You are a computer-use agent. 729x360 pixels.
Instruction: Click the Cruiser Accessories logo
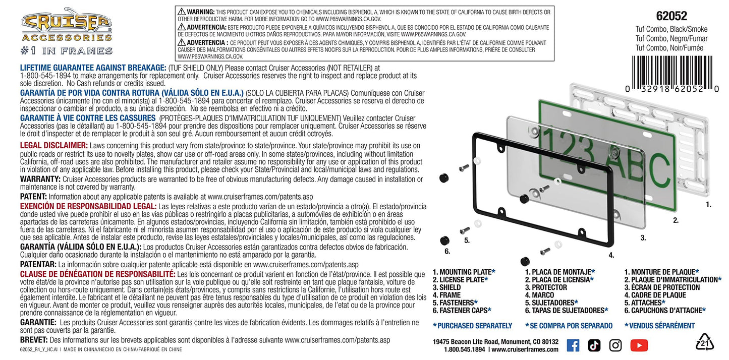[x=67, y=31]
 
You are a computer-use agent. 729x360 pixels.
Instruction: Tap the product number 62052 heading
[x=671, y=16]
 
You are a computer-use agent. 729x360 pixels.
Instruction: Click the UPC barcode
[x=672, y=74]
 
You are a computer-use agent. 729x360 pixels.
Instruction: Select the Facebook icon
[x=573, y=345]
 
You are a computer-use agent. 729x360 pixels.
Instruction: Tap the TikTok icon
[x=594, y=345]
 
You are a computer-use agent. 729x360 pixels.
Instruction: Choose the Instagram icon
[x=615, y=345]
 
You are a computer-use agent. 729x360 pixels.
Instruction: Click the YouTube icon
[x=639, y=345]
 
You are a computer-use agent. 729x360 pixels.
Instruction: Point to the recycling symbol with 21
[x=705, y=342]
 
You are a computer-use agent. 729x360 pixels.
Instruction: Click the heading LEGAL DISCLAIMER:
[x=53, y=145]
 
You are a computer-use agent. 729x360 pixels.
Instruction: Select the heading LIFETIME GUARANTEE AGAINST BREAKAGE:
[x=93, y=68]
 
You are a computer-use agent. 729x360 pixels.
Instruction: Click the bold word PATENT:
[x=33, y=197]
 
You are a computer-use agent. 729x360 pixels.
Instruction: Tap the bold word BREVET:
[x=33, y=340]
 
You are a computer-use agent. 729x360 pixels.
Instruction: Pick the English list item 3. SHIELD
[x=446, y=287]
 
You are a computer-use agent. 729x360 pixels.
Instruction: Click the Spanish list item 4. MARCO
[x=539, y=295]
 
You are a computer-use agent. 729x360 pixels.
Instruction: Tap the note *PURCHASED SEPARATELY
[x=472, y=326]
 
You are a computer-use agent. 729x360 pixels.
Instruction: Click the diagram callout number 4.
[x=611, y=256]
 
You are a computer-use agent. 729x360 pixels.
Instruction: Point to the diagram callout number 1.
[x=708, y=205]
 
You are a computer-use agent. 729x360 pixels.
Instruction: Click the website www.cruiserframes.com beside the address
[x=525, y=349]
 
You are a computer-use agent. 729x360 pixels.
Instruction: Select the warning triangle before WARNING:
[x=181, y=12]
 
